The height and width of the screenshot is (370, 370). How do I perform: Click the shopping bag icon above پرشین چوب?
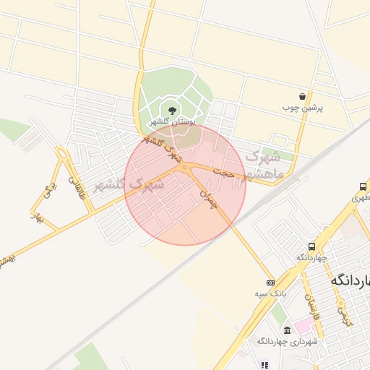tap(302, 96)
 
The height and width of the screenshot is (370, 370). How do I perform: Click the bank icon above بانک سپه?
tap(270, 283)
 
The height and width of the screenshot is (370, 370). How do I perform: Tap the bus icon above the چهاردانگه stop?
tap(311, 246)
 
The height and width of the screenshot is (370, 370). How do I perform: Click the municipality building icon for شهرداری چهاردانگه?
tap(287, 330)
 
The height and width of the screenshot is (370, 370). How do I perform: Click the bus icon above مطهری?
tap(362, 186)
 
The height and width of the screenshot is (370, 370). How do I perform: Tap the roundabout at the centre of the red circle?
tap(185, 168)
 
